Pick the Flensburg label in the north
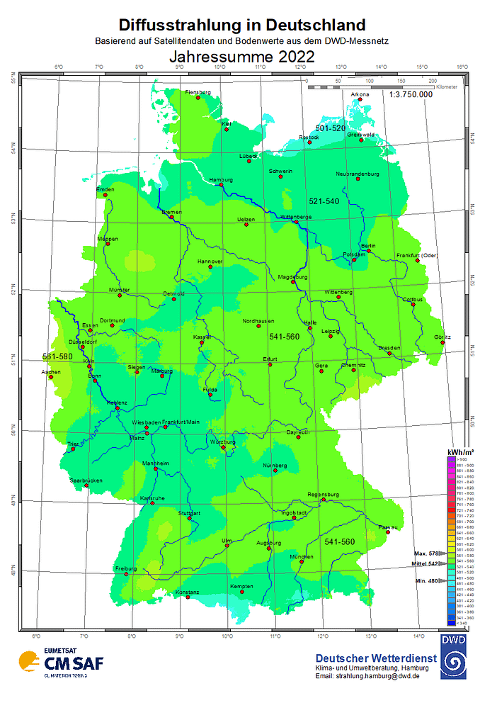click(x=198, y=92)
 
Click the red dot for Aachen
click(x=51, y=377)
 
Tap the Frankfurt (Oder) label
click(x=417, y=254)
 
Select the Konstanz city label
click(x=187, y=592)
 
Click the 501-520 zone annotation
click(x=331, y=128)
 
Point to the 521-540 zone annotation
click(x=324, y=201)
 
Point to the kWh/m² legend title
click(x=460, y=451)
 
